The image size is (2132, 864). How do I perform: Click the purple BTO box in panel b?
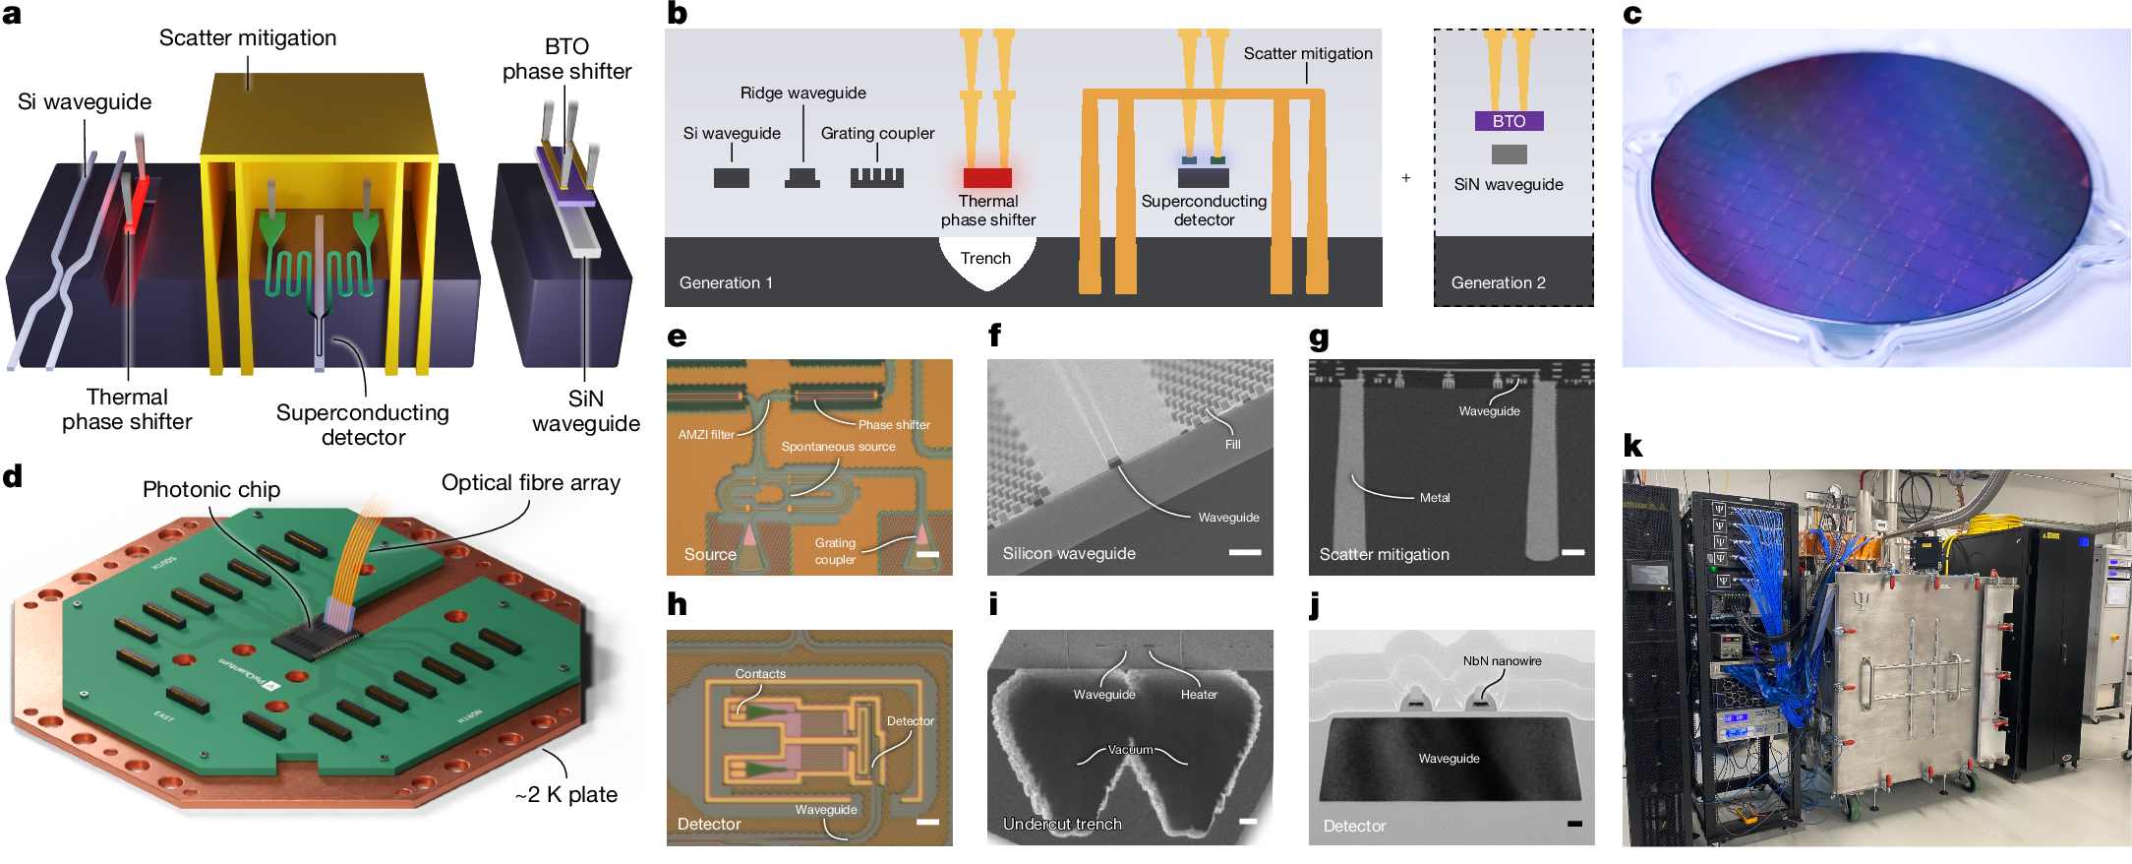coord(1509,121)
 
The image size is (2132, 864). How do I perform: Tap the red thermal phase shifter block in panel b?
coord(987,178)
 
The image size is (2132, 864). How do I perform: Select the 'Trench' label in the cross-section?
coord(985,258)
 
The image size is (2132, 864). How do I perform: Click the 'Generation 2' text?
coord(1498,282)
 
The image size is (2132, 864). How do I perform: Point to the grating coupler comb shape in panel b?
coord(876,177)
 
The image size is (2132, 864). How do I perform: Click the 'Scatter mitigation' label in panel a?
coord(248,37)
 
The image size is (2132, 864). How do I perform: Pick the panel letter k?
coord(1632,446)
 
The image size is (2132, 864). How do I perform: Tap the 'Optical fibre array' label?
coord(531,482)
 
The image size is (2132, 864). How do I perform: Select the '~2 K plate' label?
coord(566,794)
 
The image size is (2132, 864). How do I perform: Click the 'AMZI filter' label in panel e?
coord(706,434)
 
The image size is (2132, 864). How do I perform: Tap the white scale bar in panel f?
coord(1244,552)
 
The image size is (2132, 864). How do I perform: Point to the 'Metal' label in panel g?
coord(1435,498)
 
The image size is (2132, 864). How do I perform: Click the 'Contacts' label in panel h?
coord(760,674)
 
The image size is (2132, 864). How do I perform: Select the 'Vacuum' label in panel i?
coord(1130,749)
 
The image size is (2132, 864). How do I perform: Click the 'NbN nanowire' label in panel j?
coord(1502,661)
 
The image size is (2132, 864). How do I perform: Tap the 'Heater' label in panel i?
coord(1199,695)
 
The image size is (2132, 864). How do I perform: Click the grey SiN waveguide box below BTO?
coord(1509,154)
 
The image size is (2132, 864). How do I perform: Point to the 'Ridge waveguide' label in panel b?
coord(802,93)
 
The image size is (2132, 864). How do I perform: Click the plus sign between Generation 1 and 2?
coord(1406,178)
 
